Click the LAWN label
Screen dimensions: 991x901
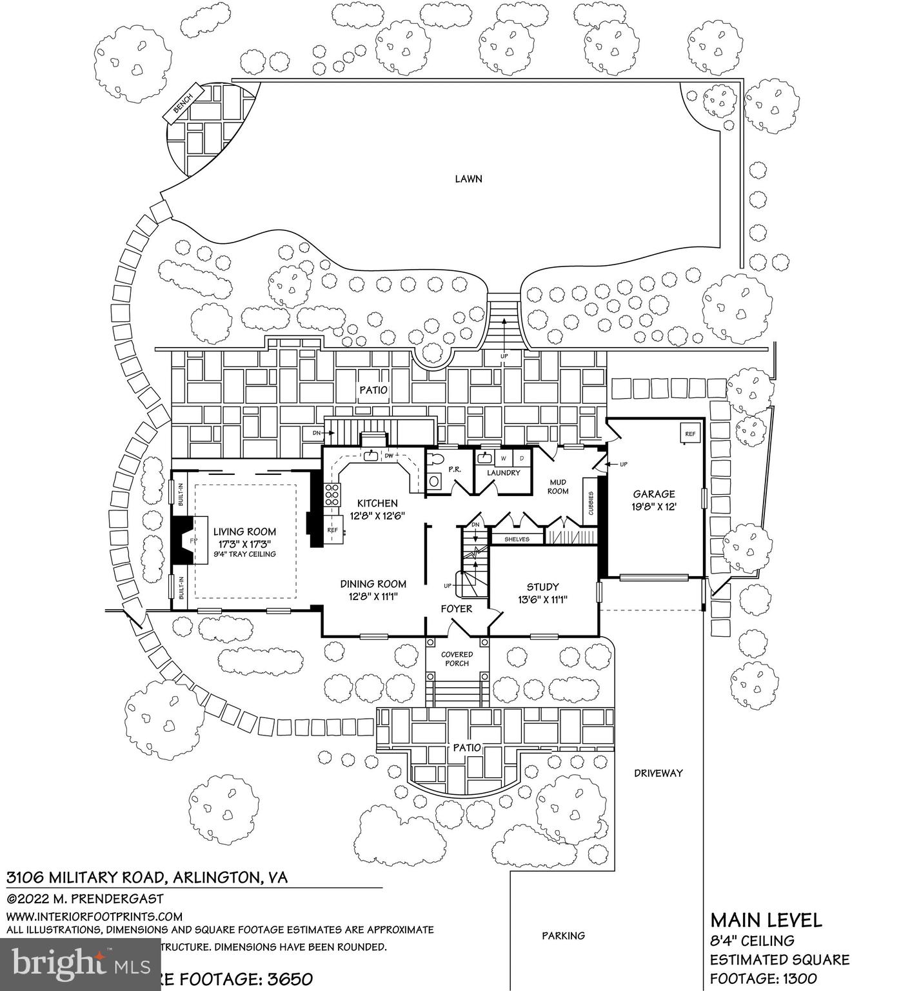tap(468, 179)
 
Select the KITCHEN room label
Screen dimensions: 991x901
tap(377, 503)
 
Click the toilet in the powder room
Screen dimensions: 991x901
tap(436, 459)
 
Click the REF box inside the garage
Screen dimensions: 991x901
tap(689, 434)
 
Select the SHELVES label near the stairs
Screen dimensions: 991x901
tap(517, 539)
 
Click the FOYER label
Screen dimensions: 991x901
tap(456, 608)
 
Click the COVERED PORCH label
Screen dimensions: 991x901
tap(457, 659)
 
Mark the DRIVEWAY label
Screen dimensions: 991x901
tap(658, 773)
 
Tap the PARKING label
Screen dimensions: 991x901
tap(563, 936)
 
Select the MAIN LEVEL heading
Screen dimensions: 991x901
tap(766, 919)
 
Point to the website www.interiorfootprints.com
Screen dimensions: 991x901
tap(94, 916)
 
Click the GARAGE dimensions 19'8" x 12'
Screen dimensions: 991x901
tap(653, 507)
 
